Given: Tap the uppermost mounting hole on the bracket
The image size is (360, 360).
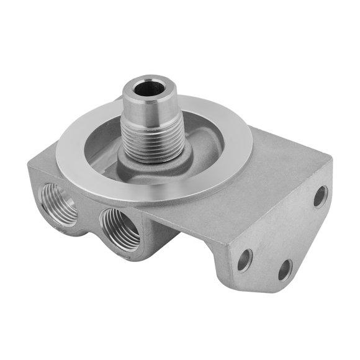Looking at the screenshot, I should (320, 196).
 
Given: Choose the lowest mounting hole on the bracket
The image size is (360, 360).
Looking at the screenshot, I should (284, 269).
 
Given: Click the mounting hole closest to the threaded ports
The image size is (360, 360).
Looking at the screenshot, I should (245, 259).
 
